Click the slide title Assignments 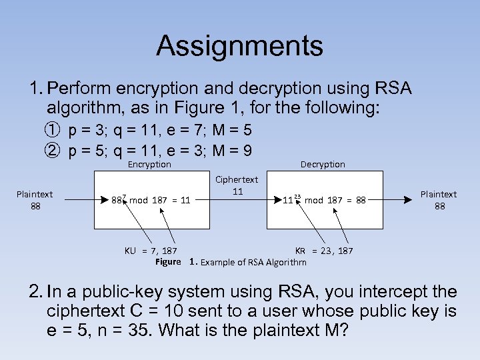(239, 47)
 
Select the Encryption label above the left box (149, 165)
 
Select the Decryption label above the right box (323, 165)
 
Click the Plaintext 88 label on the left (35, 200)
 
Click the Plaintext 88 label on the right (439, 200)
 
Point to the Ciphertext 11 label (236, 185)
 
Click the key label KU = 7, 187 (151, 251)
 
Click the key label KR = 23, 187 (324, 251)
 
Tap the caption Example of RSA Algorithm (254, 262)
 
